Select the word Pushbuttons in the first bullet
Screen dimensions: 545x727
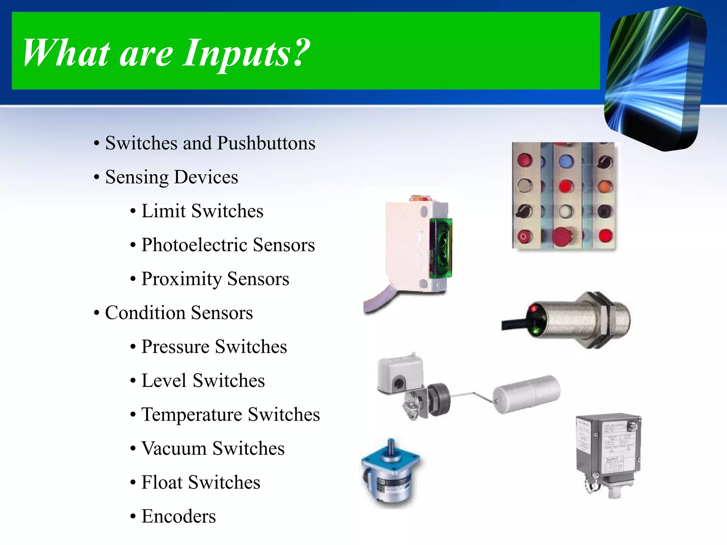point(266,143)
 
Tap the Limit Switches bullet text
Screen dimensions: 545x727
point(202,211)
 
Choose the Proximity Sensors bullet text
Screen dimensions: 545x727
point(215,279)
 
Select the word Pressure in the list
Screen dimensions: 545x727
point(175,347)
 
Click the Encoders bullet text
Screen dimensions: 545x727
point(179,516)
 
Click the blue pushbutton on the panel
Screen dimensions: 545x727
point(566,162)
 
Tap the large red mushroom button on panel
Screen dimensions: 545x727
point(562,236)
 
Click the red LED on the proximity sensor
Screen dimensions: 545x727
point(533,308)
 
